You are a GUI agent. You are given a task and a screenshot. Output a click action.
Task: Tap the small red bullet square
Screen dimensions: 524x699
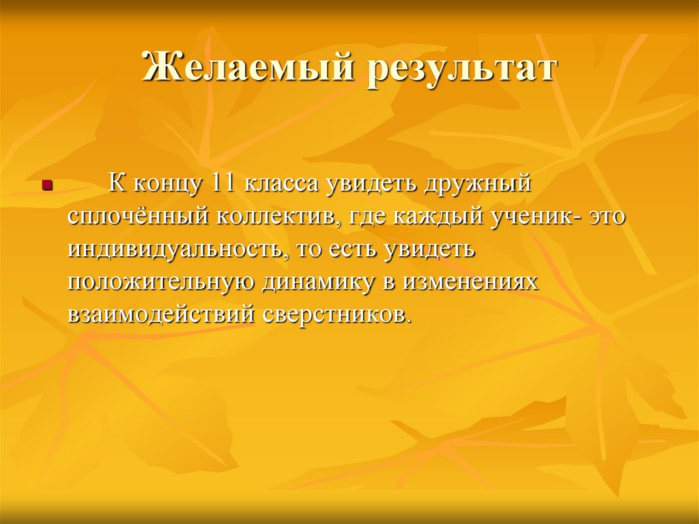click(x=46, y=184)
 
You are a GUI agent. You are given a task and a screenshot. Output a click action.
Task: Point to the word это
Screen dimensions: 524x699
click(x=606, y=218)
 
